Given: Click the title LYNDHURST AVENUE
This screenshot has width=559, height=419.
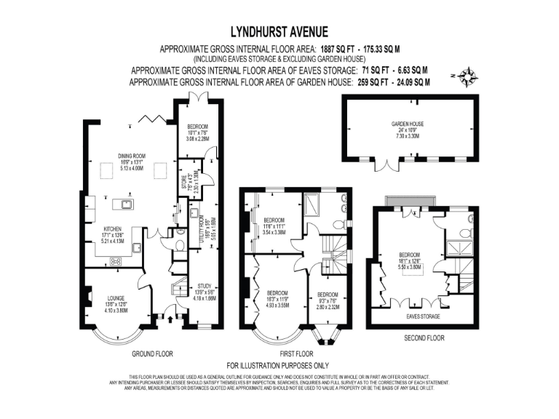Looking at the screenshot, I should pos(279,31).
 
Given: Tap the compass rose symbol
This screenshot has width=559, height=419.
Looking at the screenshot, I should pos(467,74).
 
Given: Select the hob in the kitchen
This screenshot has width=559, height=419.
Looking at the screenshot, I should pos(115,260).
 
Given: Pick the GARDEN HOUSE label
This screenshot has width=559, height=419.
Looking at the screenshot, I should pos(408,125).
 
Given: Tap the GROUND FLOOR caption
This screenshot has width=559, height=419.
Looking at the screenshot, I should pos(152,354).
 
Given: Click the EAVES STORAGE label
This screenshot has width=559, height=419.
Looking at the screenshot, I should pos(422,317).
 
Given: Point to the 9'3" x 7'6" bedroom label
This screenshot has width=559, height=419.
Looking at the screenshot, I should pos(328,298).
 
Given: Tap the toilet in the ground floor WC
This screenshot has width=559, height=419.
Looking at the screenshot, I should pos(179,246).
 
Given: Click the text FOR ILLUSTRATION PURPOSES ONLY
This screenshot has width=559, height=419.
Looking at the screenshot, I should pos(279,364).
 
